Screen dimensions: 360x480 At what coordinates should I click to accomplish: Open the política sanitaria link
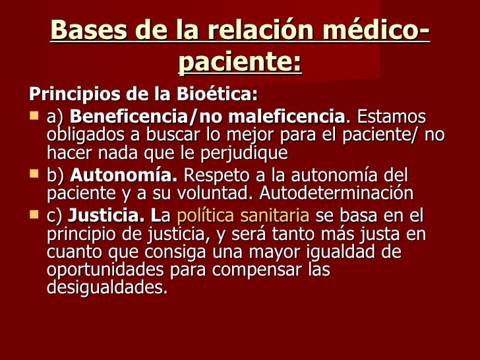click(243, 216)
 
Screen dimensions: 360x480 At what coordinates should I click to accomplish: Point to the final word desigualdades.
click(107, 288)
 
